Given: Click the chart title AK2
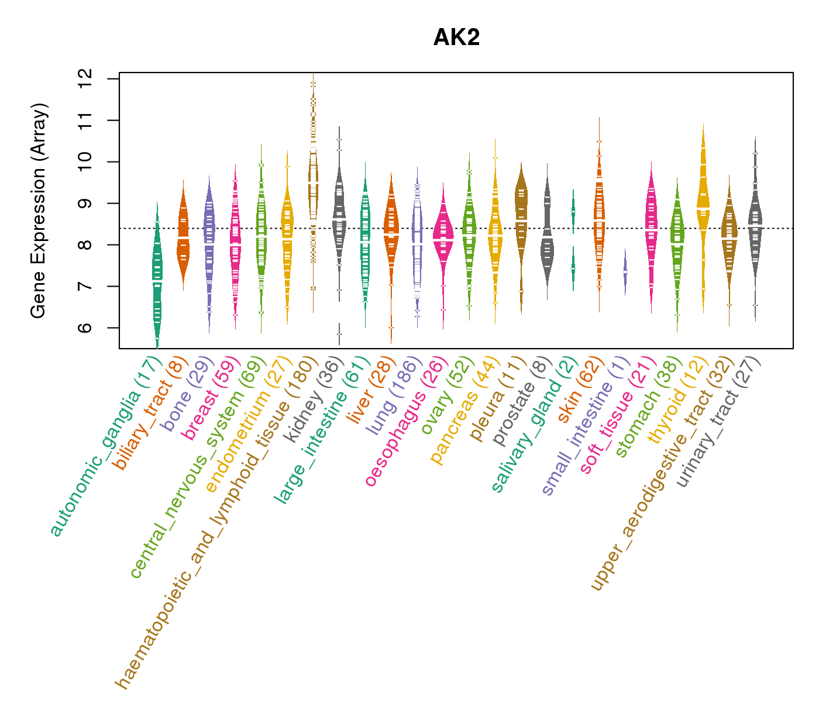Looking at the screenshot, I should [x=456, y=38].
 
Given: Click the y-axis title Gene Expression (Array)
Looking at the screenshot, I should [x=39, y=212].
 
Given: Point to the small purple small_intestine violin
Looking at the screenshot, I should [x=625, y=273].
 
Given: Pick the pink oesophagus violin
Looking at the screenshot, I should [x=443, y=237].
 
